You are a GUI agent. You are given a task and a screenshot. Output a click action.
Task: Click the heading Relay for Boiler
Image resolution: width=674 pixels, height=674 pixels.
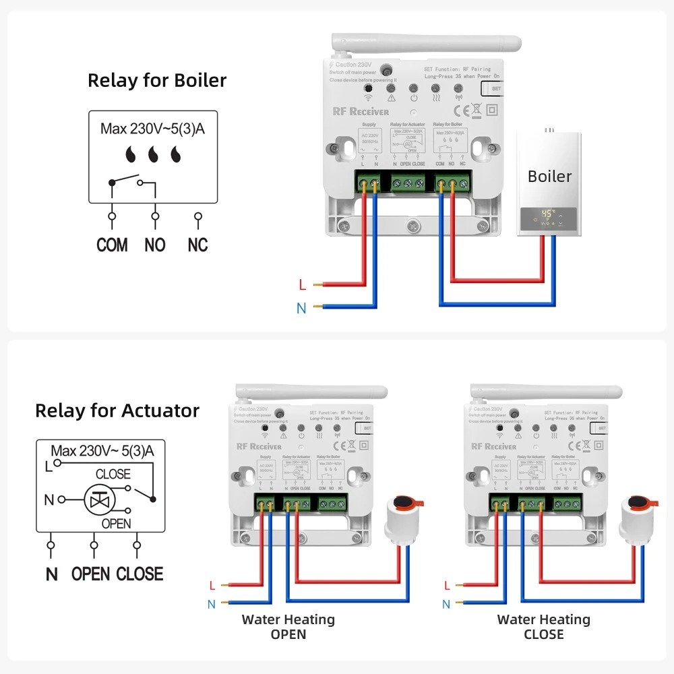pos(157,80)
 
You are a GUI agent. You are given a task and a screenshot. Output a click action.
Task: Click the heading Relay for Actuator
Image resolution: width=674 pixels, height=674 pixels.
pos(117,410)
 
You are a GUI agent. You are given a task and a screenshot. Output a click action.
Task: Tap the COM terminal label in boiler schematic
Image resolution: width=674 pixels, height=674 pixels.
pos(112,245)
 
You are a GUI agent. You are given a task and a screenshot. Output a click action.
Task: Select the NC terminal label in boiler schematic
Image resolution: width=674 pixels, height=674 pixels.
pos(197,245)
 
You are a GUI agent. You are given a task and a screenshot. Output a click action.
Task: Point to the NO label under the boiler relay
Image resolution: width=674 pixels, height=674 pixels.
pos(155,245)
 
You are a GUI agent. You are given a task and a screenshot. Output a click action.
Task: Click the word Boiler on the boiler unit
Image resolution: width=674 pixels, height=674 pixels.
pos(549,177)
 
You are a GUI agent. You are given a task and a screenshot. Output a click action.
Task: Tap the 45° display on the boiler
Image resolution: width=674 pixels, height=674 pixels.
pos(547,214)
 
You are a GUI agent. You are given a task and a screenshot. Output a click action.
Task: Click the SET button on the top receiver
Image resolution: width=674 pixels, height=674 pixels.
pos(496,88)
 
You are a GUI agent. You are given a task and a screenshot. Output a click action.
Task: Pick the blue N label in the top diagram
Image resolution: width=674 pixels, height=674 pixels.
pos(301,309)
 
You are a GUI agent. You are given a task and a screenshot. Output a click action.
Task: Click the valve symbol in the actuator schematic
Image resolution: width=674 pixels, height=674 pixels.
pos(99,499)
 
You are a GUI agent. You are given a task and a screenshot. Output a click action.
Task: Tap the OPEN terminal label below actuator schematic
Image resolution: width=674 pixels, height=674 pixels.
pos(90,574)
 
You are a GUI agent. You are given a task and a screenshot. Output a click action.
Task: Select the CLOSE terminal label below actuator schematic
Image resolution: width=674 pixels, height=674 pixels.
pos(140,574)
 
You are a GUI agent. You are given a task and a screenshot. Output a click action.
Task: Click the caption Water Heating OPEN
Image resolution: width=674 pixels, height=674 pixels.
pos(288,627)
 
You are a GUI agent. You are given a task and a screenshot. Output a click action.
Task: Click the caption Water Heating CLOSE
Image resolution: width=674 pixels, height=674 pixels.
pos(543,627)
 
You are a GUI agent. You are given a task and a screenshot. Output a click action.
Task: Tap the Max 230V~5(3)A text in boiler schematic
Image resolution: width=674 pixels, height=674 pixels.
pos(152,128)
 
